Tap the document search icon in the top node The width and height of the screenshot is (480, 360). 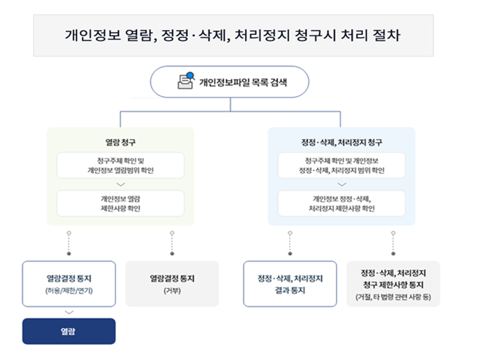[185, 81]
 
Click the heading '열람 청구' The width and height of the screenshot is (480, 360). [120, 143]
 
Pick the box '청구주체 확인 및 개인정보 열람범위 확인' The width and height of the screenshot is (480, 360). [120, 165]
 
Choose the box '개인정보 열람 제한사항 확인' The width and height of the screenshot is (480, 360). [120, 203]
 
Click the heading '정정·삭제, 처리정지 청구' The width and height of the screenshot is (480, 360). [341, 143]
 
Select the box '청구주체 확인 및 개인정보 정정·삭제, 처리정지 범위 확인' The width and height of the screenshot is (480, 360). [341, 165]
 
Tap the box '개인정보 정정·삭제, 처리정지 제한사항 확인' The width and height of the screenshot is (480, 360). [341, 203]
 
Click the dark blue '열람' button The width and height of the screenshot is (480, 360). [69, 331]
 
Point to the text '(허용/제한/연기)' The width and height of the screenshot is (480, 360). [69, 290]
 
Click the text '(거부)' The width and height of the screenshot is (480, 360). [172, 290]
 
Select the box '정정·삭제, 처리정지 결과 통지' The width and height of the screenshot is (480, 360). [290, 284]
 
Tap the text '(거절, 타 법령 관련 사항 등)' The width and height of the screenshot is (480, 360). [393, 297]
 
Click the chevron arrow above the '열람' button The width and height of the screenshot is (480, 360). [69, 312]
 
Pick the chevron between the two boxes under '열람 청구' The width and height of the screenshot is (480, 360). [120, 184]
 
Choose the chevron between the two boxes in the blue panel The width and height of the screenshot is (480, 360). [341, 184]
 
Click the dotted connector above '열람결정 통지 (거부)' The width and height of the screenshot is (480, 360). [172, 243]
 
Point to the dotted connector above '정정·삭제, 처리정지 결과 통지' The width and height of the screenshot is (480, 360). [290, 243]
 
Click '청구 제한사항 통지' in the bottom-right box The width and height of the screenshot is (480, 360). [393, 285]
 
